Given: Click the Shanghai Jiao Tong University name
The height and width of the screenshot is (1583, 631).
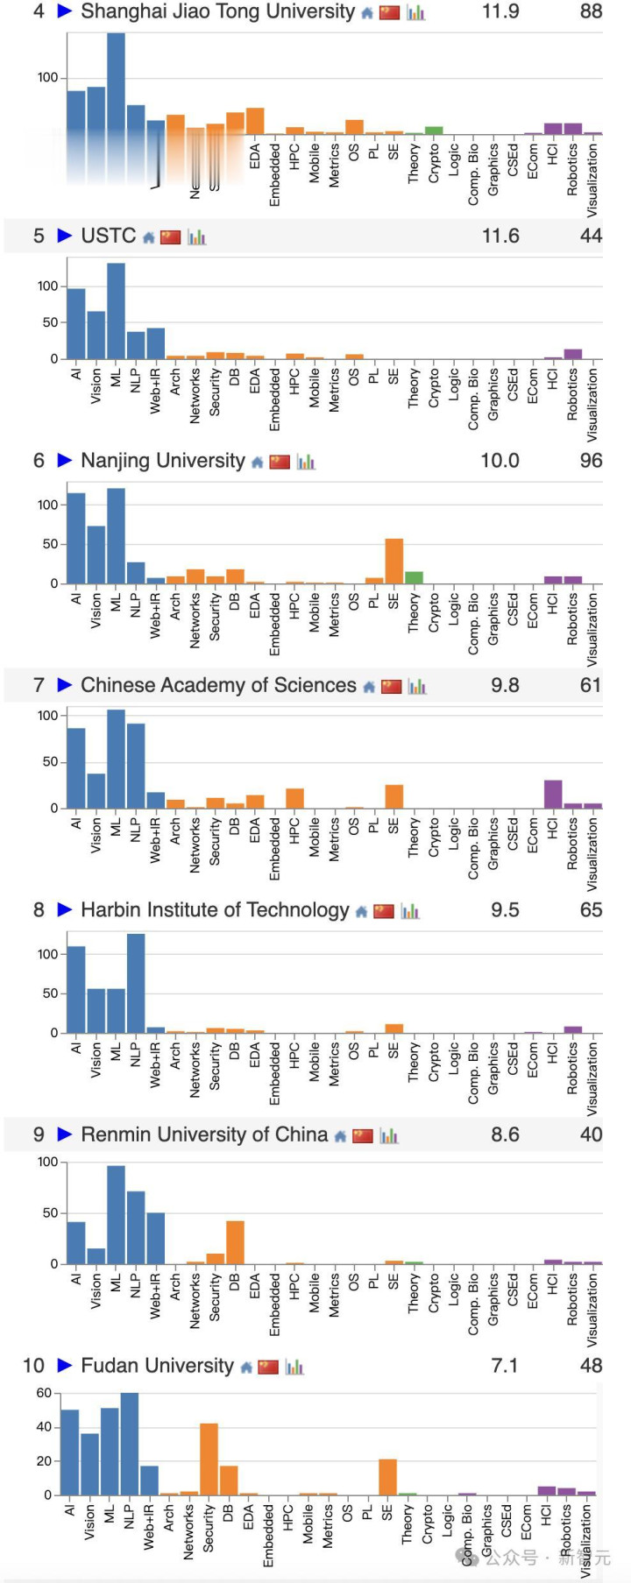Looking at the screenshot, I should [217, 11].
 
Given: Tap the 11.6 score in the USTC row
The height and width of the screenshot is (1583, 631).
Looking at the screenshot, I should [500, 237].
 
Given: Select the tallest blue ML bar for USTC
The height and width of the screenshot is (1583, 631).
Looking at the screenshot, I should [116, 311].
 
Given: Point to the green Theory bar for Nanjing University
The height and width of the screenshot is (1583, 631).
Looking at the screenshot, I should [414, 577].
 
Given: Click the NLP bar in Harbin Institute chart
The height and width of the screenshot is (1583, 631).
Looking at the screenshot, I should [136, 983].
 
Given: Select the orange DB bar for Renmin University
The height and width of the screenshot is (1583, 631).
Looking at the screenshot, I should [235, 1242].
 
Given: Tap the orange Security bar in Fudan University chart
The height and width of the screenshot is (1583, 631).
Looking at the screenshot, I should [209, 1459].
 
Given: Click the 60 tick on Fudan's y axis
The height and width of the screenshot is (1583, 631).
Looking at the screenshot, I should [44, 1393].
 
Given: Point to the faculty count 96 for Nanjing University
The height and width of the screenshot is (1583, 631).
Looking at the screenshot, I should [591, 461].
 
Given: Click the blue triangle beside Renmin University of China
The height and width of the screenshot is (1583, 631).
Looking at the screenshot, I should [64, 1134].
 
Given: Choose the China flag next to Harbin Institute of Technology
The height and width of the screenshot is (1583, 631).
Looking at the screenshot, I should [384, 911].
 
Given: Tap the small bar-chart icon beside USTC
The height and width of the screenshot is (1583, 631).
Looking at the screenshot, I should [196, 237].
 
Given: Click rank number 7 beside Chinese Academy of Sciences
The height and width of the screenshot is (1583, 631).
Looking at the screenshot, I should [39, 685].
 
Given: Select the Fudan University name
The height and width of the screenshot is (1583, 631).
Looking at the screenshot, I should [157, 1366].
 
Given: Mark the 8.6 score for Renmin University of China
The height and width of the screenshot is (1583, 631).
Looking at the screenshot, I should [505, 1134].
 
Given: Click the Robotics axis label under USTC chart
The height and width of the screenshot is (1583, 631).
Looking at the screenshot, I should [572, 395].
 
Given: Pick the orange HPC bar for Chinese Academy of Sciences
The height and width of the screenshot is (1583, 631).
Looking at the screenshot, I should [294, 798].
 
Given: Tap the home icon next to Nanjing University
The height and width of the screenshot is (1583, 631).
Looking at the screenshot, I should [257, 463].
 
